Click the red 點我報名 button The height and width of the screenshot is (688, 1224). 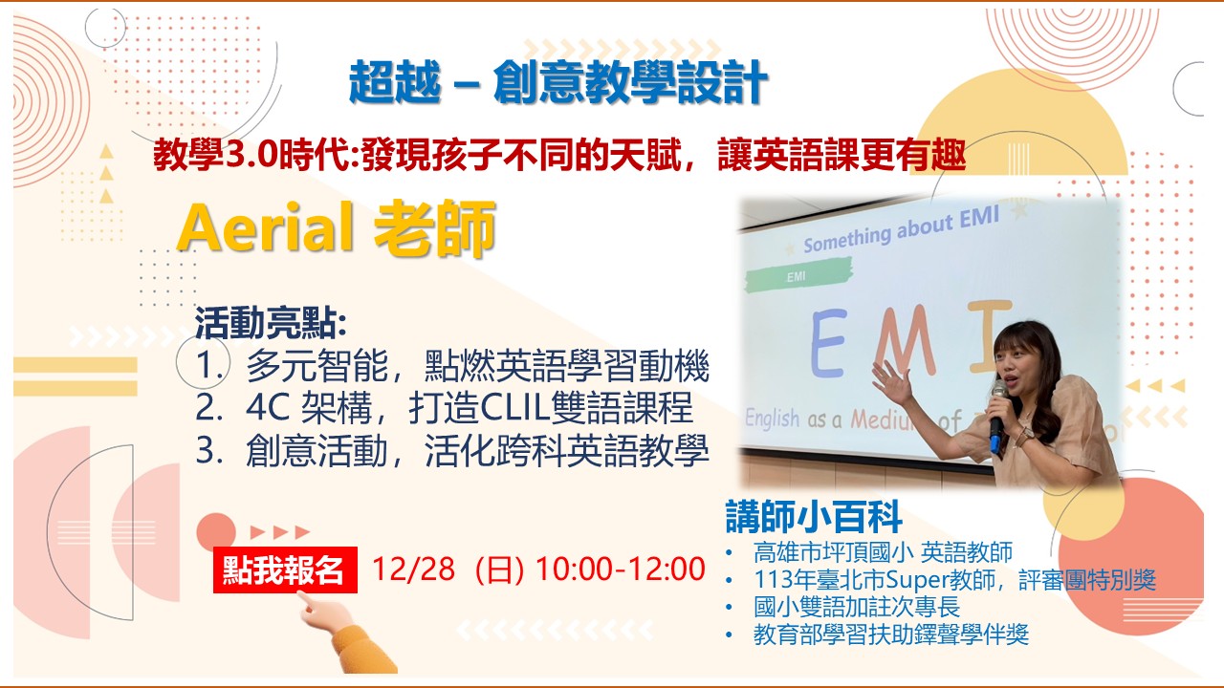coord(285,570)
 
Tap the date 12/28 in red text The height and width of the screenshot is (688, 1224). coord(413,569)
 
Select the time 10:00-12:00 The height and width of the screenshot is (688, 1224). coord(621,569)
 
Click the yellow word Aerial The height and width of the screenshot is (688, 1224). coord(265,227)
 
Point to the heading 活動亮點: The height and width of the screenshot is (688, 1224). coord(271,323)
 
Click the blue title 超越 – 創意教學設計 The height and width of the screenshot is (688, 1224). coord(558,82)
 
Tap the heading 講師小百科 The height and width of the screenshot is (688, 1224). coord(814,517)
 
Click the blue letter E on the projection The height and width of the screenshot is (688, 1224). coord(829,343)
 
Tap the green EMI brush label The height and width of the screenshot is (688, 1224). coord(798,275)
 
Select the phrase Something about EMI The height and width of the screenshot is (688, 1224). coord(901,230)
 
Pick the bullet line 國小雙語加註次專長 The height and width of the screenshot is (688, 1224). coord(856,607)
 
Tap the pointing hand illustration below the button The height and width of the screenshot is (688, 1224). coord(345,634)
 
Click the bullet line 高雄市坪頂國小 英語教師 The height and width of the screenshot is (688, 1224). coord(883,552)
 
